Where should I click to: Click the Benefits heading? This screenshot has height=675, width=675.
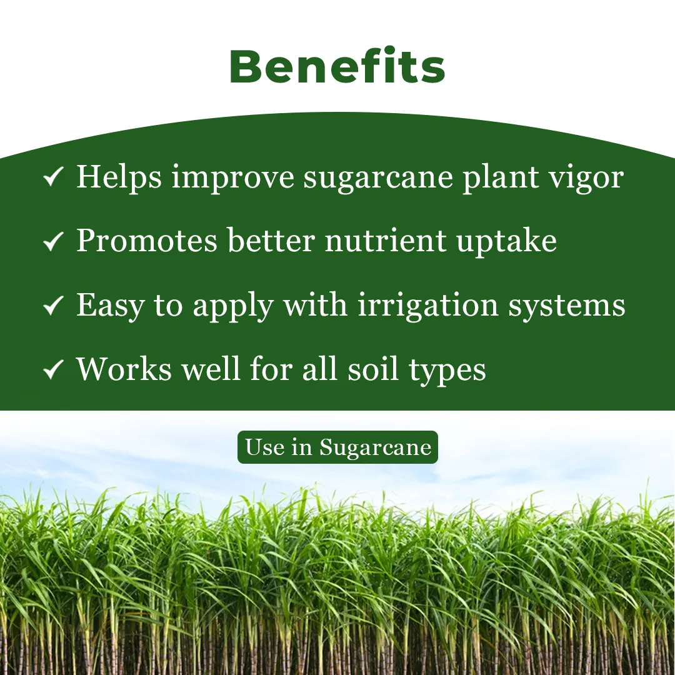click(x=337, y=67)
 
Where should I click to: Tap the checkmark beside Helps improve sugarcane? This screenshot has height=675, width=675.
click(x=53, y=178)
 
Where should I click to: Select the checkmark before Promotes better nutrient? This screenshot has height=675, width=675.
click(x=53, y=242)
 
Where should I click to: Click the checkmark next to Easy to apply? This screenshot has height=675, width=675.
click(x=53, y=306)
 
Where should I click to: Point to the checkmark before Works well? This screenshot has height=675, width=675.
click(x=53, y=370)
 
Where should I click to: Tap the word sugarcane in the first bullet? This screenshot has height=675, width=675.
click(x=378, y=178)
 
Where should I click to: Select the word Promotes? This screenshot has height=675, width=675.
click(x=146, y=241)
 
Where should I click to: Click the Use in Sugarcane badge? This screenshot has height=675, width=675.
click(x=337, y=447)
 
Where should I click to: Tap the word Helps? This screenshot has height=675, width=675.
click(x=119, y=177)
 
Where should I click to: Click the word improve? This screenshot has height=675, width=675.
click(x=232, y=178)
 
